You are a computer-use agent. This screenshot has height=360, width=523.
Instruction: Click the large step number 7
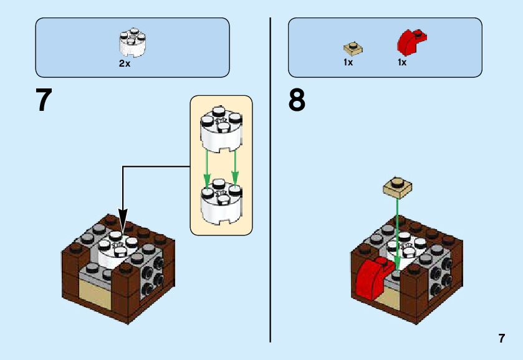point(44,100)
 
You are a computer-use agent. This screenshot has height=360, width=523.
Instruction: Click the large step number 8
point(297,100)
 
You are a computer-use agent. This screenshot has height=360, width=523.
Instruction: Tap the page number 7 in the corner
point(501,339)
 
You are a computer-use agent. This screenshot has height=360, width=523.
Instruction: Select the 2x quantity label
point(125,64)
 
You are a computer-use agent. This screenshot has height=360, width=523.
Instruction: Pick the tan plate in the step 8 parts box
point(353,48)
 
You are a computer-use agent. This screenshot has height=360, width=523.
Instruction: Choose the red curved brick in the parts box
point(411,42)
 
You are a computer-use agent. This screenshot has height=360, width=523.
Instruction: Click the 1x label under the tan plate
point(348,62)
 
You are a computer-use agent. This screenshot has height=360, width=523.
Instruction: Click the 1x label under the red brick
point(402,62)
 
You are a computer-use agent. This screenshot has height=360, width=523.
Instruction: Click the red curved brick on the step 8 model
point(370,279)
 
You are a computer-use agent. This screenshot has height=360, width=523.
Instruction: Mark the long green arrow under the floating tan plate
point(396,230)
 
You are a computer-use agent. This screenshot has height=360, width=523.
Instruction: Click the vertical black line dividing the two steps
point(270,181)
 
